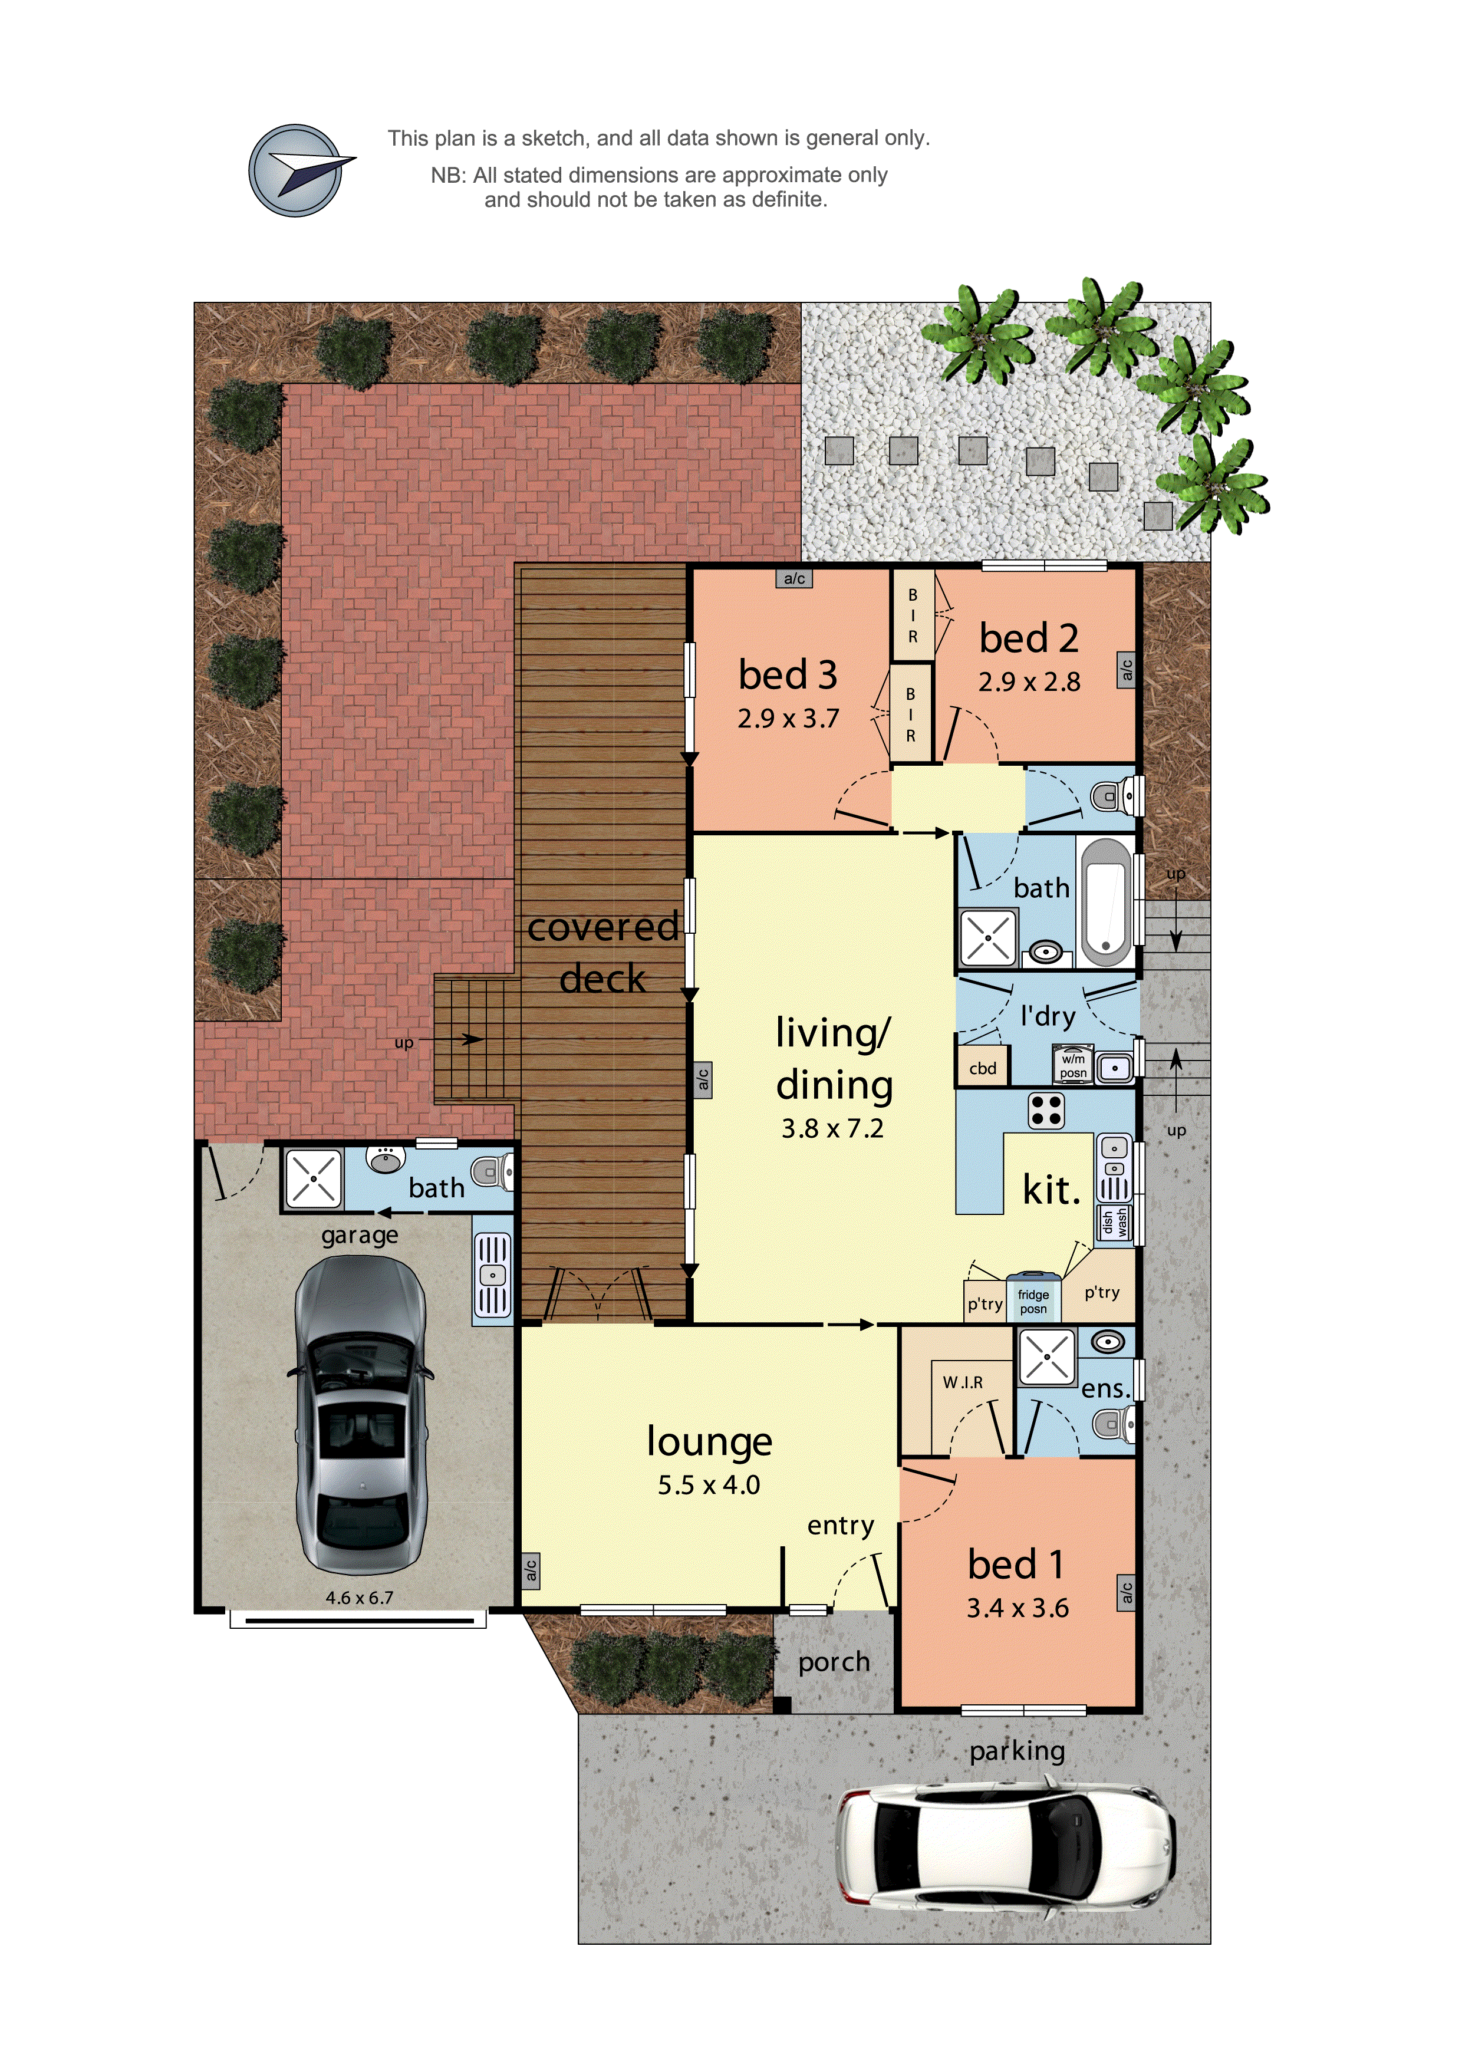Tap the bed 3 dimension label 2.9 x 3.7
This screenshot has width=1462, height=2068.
[x=788, y=719]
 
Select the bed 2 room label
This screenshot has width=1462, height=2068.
[x=1029, y=638]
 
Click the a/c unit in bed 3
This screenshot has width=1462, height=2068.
[x=793, y=578]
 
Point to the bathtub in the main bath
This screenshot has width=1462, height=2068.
[x=1105, y=901]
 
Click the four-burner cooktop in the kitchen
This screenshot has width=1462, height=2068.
[x=1046, y=1111]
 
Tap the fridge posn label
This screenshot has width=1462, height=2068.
[x=1033, y=1302]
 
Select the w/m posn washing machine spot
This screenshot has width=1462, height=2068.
[x=1073, y=1065]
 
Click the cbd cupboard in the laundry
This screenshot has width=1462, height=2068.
[x=983, y=1068]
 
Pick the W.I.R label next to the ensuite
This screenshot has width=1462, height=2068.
[x=963, y=1382]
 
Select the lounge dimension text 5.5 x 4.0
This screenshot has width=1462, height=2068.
[x=709, y=1485]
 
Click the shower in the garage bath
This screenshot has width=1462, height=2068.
[x=312, y=1178]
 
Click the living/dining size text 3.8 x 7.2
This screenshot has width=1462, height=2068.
[x=832, y=1128]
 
